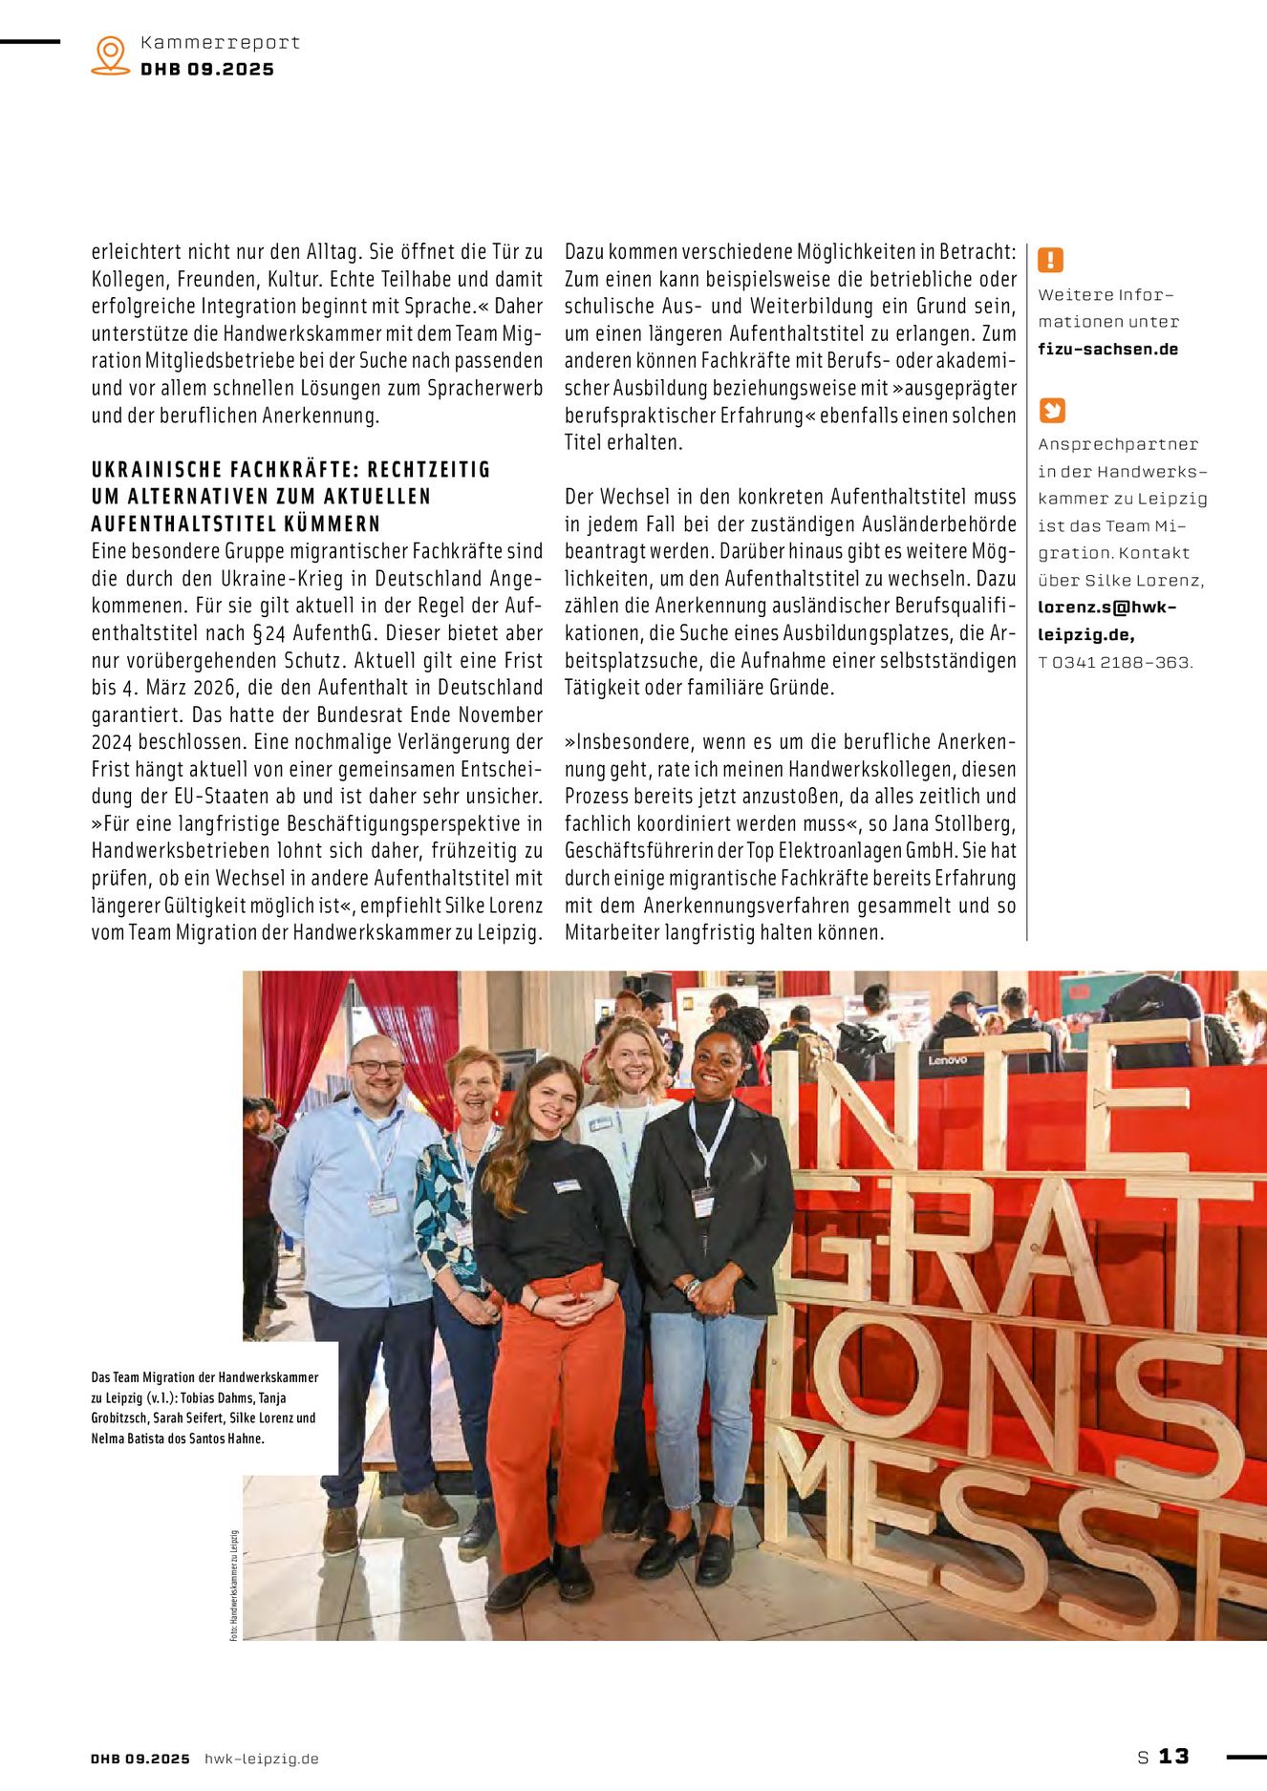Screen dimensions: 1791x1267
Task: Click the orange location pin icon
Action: coord(111,54)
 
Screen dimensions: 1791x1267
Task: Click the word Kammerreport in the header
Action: coord(220,43)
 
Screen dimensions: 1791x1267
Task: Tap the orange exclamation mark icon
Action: coord(1051,260)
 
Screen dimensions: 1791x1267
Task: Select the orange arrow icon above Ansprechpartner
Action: coord(1051,411)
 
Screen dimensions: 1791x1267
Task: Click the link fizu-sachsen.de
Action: coord(1107,350)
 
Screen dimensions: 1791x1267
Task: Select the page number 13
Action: coord(1173,1756)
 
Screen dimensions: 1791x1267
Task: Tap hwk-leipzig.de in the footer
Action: coord(262,1759)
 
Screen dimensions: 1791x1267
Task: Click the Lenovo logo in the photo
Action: coord(947,1060)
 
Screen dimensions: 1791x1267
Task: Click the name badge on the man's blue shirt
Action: coord(382,1204)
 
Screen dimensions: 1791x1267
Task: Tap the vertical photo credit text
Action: coord(233,1586)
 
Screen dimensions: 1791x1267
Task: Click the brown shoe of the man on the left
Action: coord(340,1530)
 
